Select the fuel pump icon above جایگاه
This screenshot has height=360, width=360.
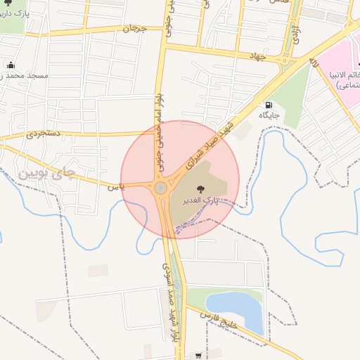269,105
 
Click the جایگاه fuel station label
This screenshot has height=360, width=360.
269,115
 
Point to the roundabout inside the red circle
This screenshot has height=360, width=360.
161,188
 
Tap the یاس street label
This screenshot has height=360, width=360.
115,186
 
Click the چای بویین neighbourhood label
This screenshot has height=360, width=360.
46,171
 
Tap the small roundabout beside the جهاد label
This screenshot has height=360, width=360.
285,61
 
